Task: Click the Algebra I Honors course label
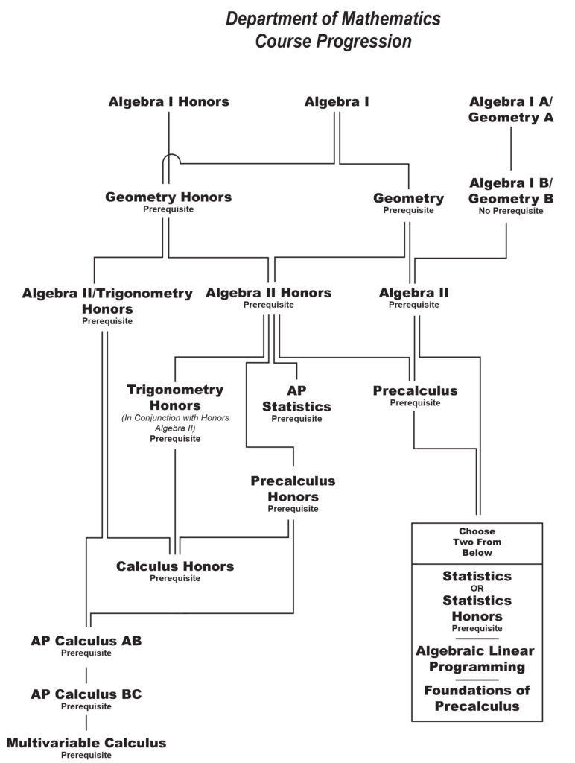[x=168, y=102]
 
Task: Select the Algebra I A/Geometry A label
[x=510, y=109]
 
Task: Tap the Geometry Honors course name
[x=168, y=197]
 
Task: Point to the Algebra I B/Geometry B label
[x=510, y=191]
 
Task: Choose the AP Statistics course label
[x=296, y=399]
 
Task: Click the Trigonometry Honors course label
[x=175, y=398]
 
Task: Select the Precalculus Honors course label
[x=293, y=489]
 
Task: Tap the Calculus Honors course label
[x=175, y=566]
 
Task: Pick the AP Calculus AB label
[x=86, y=641]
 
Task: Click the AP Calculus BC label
[x=86, y=694]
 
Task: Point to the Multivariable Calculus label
[x=86, y=743]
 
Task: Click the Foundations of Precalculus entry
[x=477, y=698]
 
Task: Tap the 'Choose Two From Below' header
[x=477, y=542]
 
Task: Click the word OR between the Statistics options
[x=477, y=589]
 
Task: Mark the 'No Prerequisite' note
[x=510, y=211]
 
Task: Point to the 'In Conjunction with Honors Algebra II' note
[x=175, y=423]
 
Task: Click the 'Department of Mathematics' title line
[x=333, y=19]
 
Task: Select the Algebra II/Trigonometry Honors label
[x=107, y=300]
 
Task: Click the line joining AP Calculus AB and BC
[x=86, y=674]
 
